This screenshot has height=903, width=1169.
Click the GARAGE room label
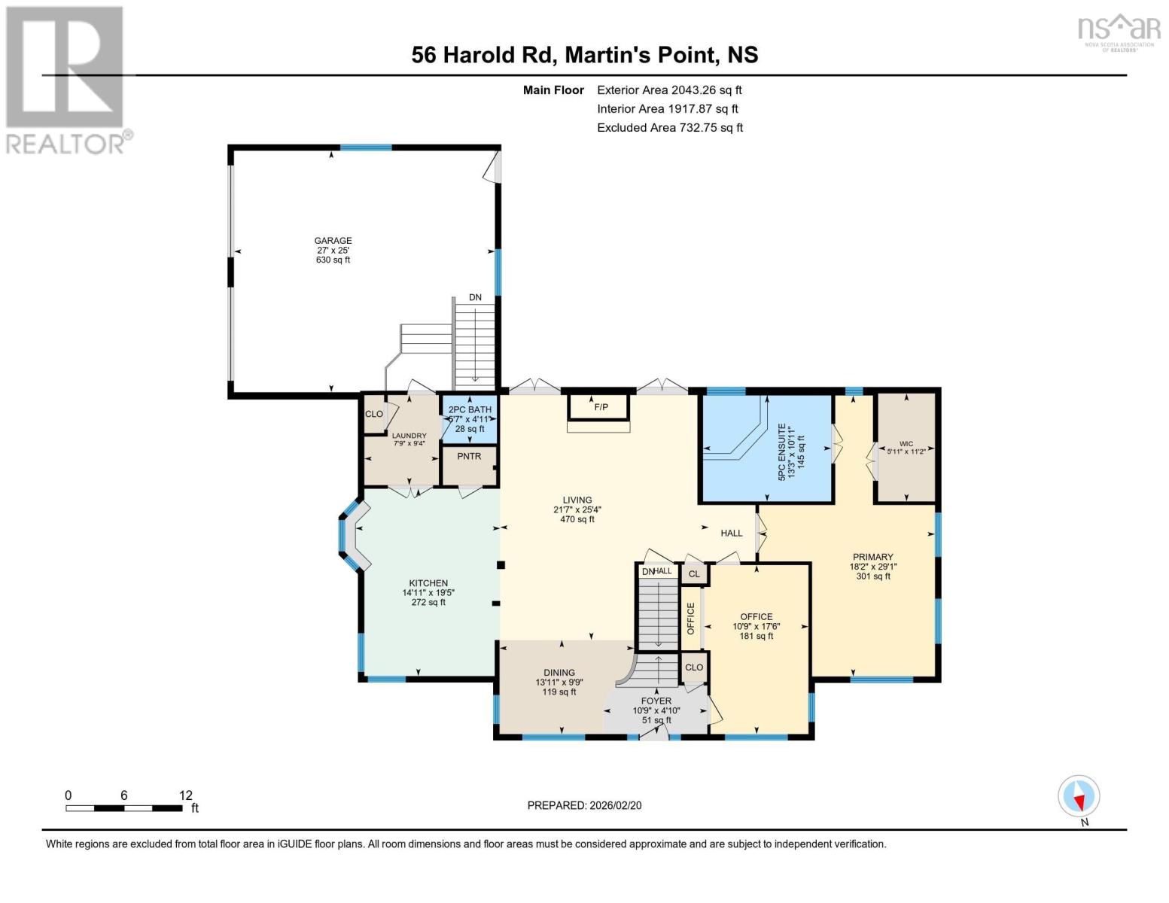333,241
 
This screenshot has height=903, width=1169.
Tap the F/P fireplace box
600,407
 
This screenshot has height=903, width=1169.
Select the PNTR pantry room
469,457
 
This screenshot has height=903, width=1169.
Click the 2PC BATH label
470,410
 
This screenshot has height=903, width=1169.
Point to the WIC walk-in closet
906,448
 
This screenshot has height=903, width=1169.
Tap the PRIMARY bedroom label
872,557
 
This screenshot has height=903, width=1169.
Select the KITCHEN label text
428,583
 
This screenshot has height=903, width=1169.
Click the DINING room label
559,673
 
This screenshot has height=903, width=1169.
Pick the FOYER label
656,701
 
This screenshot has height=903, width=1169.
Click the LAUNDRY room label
409,436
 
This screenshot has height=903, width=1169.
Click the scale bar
124,808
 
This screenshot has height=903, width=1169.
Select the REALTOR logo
67,79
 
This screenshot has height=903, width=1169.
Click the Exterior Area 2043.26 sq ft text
669,90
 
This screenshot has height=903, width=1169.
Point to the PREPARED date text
584,805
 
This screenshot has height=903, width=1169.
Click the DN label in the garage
475,297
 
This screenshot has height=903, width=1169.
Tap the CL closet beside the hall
694,574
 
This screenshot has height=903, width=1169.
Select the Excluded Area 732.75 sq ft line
670,128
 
